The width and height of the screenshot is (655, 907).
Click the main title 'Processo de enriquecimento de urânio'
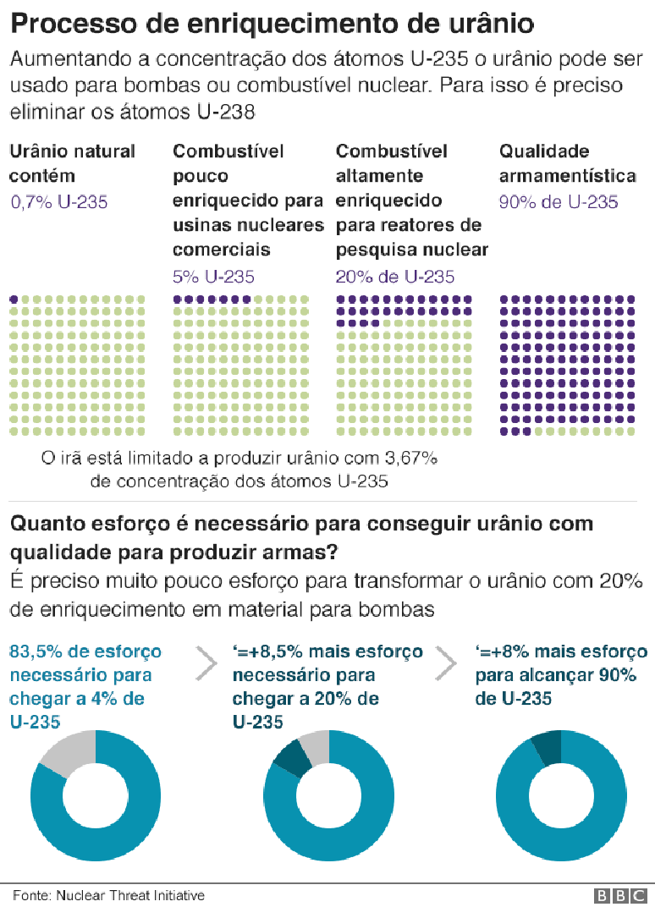(x=272, y=24)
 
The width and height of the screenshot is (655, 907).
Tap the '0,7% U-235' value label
(x=58, y=201)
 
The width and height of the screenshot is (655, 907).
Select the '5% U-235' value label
(x=213, y=277)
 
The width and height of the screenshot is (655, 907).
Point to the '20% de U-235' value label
(x=394, y=277)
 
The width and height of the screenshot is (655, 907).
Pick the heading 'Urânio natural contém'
(x=72, y=163)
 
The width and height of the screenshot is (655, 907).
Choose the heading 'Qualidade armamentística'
(x=567, y=163)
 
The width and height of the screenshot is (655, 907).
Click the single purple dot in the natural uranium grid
(x=14, y=300)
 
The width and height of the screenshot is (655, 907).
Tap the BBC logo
(x=622, y=895)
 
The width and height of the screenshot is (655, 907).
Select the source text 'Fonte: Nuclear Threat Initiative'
(x=108, y=895)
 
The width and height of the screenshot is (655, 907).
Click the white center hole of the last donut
(x=561, y=796)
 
